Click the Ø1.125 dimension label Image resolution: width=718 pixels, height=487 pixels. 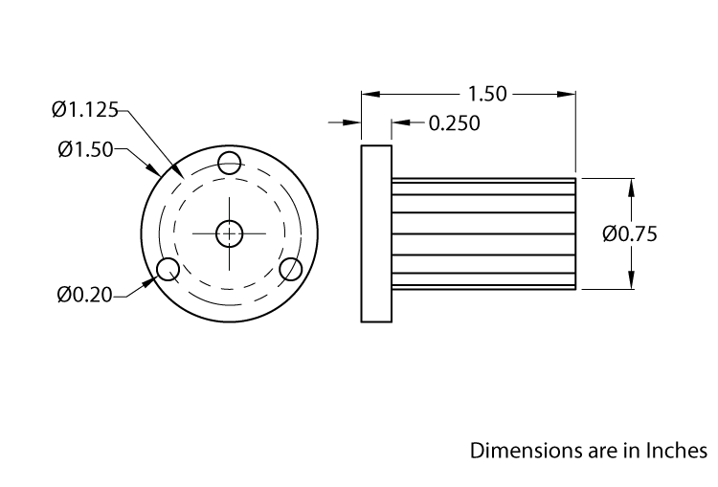click(84, 111)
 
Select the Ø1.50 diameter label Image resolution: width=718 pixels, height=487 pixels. click(85, 148)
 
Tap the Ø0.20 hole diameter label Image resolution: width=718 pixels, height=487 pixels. click(84, 295)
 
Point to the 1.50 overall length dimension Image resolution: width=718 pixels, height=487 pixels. click(487, 94)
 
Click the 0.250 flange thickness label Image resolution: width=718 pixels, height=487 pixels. click(454, 123)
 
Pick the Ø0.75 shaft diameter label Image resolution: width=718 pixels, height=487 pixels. click(629, 233)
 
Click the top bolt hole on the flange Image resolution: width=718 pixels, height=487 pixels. click(230, 164)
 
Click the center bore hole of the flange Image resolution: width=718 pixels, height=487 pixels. click(230, 232)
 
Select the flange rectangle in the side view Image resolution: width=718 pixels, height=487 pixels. click(376, 233)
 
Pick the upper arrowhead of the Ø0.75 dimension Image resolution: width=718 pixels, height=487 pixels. click(631, 186)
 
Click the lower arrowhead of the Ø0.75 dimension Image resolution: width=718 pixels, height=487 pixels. click(631, 280)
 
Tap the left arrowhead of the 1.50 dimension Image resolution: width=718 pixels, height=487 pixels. click(369, 94)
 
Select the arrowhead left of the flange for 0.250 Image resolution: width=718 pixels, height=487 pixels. click(353, 123)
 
